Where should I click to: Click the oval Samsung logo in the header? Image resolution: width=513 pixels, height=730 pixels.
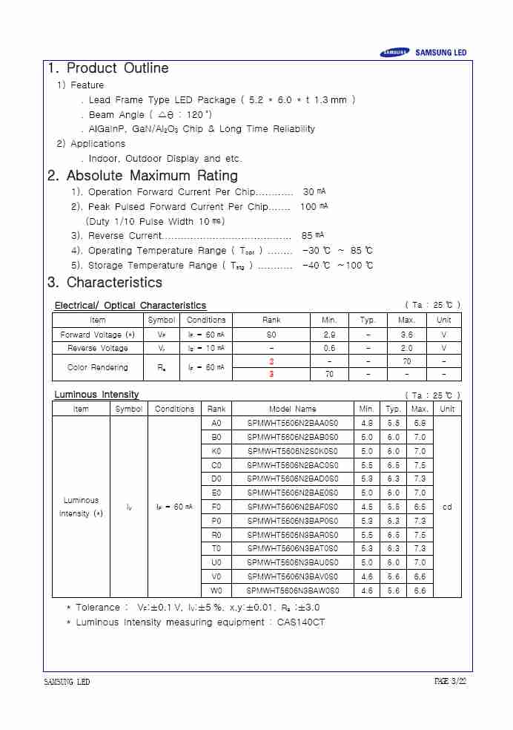tap(394, 53)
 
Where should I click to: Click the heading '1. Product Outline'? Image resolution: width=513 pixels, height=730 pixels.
tap(108, 68)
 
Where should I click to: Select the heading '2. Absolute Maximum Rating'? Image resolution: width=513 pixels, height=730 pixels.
tap(142, 176)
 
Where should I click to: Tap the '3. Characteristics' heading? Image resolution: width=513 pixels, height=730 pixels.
tap(105, 283)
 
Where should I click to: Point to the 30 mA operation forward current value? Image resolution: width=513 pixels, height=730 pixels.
tap(314, 192)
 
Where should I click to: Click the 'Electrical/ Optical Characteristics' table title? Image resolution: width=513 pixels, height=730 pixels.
tap(130, 306)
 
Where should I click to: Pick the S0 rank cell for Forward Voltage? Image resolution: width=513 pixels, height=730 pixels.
tap(271, 335)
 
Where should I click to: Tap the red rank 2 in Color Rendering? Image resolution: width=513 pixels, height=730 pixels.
tap(271, 361)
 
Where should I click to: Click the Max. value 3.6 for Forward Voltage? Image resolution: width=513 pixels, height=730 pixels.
tap(406, 335)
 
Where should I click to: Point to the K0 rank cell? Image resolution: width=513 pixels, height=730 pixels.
tap(216, 451)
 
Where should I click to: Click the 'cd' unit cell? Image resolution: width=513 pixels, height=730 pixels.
tap(447, 507)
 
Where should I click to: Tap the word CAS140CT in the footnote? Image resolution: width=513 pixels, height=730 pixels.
tap(301, 622)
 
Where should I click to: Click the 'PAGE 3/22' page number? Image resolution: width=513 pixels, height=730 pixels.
tap(451, 682)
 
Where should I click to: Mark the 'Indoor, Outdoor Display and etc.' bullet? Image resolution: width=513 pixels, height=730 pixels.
tap(165, 159)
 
